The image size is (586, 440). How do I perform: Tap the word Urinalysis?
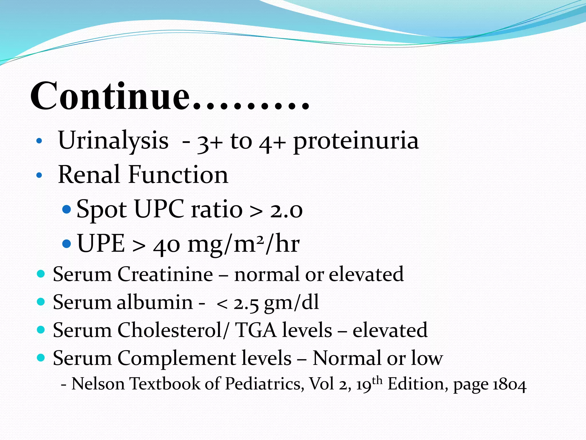pyautogui.click(x=113, y=141)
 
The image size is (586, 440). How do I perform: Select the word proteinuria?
pyautogui.click(x=356, y=142)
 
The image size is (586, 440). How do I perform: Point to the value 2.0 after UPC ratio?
pyautogui.click(x=286, y=210)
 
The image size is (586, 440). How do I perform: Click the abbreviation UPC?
pyautogui.click(x=159, y=209)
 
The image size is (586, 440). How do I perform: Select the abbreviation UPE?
pyautogui.click(x=101, y=244)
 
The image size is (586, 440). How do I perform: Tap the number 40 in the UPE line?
pyautogui.click(x=167, y=245)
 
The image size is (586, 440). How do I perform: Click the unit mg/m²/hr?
pyautogui.click(x=243, y=244)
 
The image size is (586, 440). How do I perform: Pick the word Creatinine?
pyautogui.click(x=165, y=274)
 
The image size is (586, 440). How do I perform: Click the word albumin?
pyautogui.click(x=155, y=302)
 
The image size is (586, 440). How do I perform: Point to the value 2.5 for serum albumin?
pyautogui.click(x=246, y=303)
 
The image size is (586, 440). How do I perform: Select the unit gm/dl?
pyautogui.click(x=291, y=303)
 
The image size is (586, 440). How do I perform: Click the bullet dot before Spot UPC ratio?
pyautogui.click(x=66, y=209)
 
